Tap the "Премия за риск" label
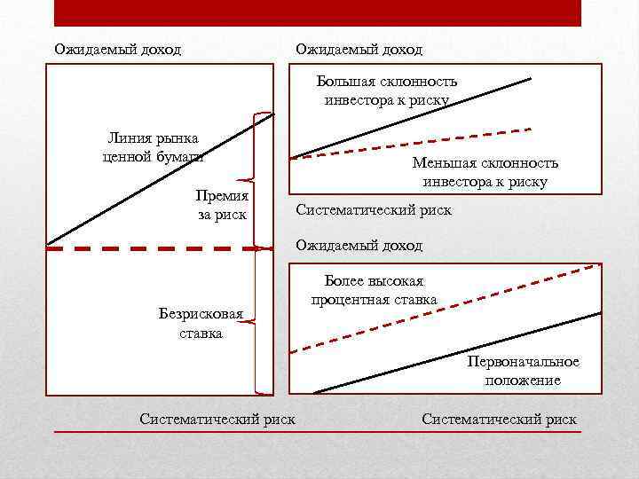point(222,205)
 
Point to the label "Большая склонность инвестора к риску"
point(387,90)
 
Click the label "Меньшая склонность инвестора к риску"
point(485,172)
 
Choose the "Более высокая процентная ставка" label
point(374,289)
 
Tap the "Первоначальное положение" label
point(523,371)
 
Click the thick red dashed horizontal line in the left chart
point(151,249)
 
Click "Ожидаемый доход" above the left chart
point(117,50)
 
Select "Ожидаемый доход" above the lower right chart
point(359,245)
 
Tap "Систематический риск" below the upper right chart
point(373,210)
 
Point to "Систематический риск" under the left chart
point(217,419)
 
